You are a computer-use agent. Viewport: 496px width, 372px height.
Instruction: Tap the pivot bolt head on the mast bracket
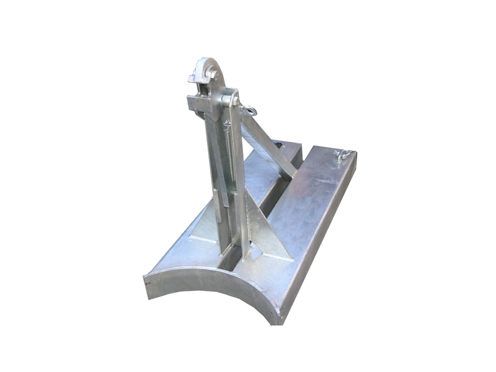pos(234,99)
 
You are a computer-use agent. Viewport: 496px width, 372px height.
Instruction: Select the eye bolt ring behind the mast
pos(250,111)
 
